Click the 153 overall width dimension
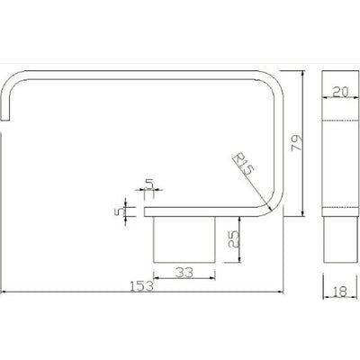pyautogui.click(x=142, y=286)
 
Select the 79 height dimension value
pyautogui.click(x=297, y=143)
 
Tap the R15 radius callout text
pyautogui.click(x=244, y=164)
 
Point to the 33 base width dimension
pyautogui.click(x=184, y=273)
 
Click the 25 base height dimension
pyautogui.click(x=233, y=238)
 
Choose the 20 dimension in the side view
pyautogui.click(x=340, y=92)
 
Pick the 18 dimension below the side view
pyautogui.click(x=339, y=292)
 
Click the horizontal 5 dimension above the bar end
pyautogui.click(x=149, y=184)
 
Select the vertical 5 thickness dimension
pyautogui.click(x=119, y=211)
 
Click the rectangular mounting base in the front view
pyautogui.click(x=184, y=239)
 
